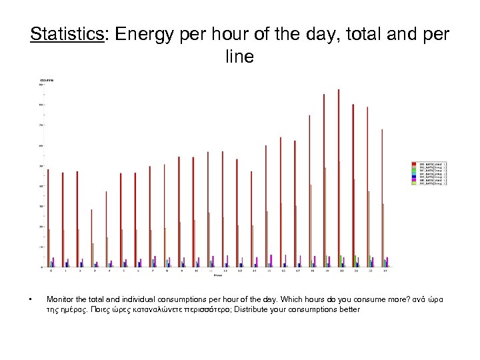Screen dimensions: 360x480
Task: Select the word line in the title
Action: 239,57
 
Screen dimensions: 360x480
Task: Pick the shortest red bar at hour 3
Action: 91,238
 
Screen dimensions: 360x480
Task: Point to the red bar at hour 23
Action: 382,198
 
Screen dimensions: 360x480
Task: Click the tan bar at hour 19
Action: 325,217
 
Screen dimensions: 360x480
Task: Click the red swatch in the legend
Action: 413,163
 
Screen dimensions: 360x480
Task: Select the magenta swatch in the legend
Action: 413,179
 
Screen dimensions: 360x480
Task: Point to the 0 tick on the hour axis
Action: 51,271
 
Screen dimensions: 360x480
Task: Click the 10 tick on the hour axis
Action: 197,271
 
